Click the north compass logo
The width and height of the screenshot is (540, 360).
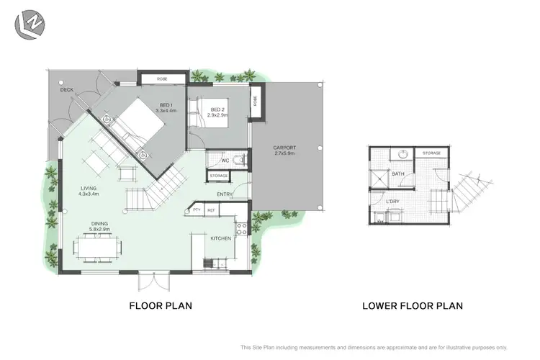pyautogui.click(x=29, y=24)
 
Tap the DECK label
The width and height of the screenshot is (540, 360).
pyautogui.click(x=67, y=90)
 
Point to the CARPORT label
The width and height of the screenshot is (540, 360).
pyautogui.click(x=286, y=150)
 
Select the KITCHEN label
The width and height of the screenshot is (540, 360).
pyautogui.click(x=220, y=238)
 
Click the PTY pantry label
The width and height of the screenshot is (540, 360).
pyautogui.click(x=196, y=210)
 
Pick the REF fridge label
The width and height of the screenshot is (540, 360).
pyautogui.click(x=211, y=210)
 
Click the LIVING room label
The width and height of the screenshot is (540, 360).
pyautogui.click(x=89, y=191)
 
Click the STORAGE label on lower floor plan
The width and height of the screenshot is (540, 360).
pyautogui.click(x=431, y=153)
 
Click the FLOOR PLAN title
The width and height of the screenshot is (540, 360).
pyautogui.click(x=160, y=305)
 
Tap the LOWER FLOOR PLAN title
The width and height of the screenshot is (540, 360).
pyautogui.click(x=412, y=305)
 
